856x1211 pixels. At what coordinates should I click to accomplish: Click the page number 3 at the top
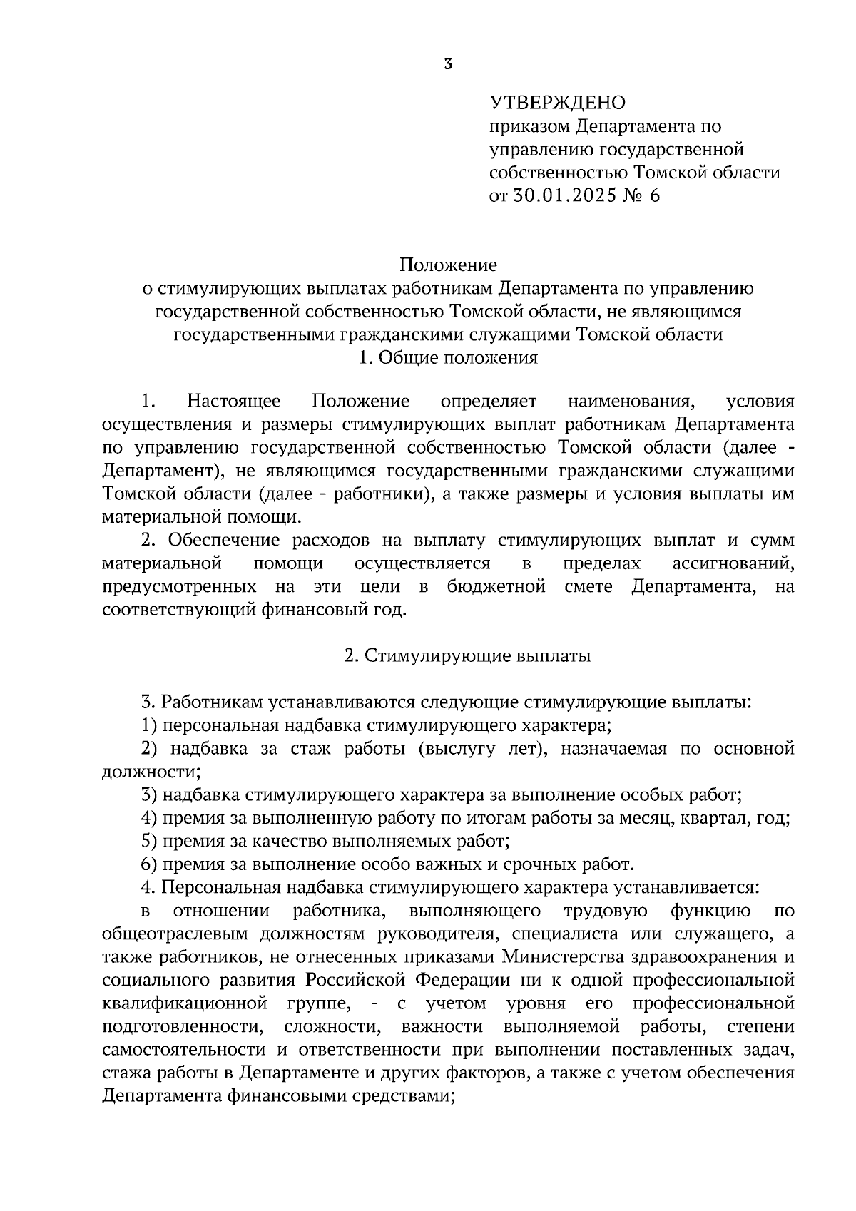click(x=447, y=64)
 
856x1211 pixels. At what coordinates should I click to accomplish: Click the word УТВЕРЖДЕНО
click(x=556, y=103)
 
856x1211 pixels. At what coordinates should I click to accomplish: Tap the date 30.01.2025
click(x=564, y=195)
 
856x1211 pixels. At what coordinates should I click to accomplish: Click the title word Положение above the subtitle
click(x=448, y=265)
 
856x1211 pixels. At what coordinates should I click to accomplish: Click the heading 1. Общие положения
click(x=448, y=358)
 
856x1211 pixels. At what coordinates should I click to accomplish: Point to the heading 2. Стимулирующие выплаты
click(x=467, y=656)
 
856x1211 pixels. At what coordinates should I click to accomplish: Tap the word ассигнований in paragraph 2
click(x=733, y=563)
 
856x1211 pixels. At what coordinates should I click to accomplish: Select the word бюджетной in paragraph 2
click(x=497, y=587)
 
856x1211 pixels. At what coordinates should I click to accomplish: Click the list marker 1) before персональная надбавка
click(x=149, y=726)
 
